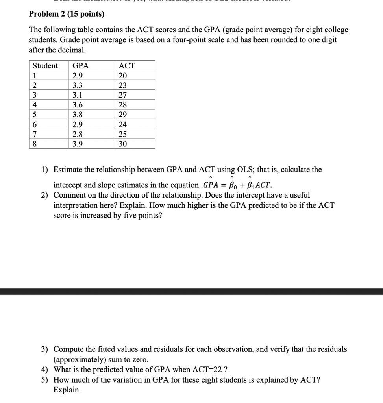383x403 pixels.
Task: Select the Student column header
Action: (45, 66)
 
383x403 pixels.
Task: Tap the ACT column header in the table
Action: (127, 66)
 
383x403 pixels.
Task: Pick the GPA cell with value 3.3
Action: (78, 85)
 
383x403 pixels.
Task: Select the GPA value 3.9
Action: (78, 144)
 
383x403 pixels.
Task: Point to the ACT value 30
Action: (123, 144)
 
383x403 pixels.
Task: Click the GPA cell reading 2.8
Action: (78, 134)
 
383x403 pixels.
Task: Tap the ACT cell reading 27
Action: (123, 95)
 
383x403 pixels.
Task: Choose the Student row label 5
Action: (35, 115)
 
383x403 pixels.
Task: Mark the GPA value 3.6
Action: (78, 105)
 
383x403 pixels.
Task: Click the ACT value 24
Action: (123, 125)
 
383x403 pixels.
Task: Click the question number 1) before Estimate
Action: (45, 170)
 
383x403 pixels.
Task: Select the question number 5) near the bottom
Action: (45, 380)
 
